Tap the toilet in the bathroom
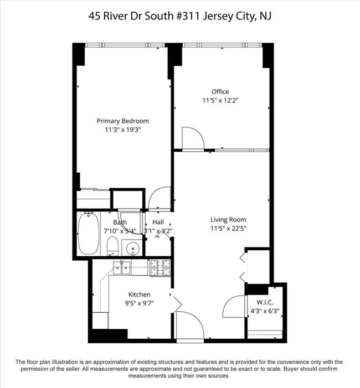tap(112, 245)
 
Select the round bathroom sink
tap(132, 247)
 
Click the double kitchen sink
tap(123, 268)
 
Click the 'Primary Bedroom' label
tap(122, 121)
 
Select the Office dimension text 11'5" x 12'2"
tap(220, 101)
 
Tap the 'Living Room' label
tap(228, 220)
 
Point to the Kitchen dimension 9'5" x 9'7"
tap(139, 303)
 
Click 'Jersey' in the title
tap(215, 16)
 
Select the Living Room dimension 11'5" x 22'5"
tap(228, 229)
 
